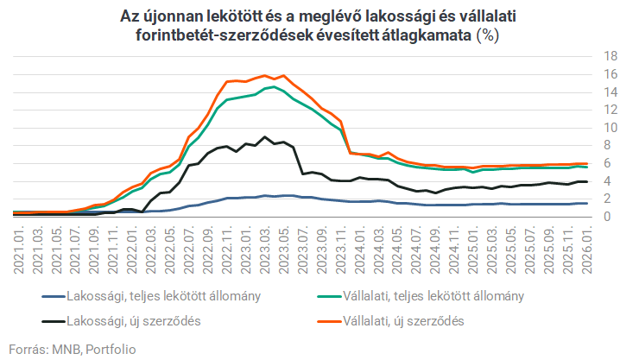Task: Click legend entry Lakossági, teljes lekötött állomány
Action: coord(164,296)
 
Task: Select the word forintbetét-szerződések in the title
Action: coord(218,36)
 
